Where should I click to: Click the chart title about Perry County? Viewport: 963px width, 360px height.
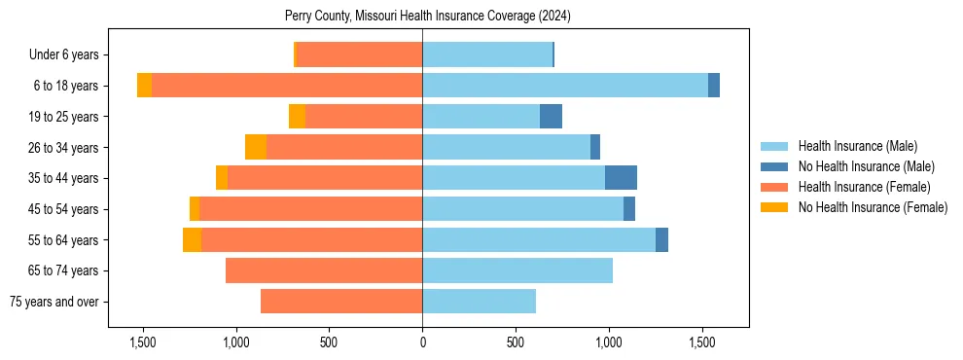(428, 17)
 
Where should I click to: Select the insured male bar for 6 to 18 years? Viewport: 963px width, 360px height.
(565, 86)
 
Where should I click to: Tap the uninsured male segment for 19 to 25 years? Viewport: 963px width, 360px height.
(552, 117)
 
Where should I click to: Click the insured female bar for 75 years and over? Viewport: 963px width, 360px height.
(341, 302)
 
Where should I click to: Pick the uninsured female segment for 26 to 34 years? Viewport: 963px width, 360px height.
(256, 147)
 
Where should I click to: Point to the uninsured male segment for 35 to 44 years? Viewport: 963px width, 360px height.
(621, 178)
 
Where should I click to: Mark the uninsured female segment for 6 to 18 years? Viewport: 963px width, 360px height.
(144, 86)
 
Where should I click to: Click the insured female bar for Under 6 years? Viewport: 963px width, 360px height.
(360, 54)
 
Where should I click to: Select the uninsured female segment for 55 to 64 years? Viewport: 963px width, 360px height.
(193, 239)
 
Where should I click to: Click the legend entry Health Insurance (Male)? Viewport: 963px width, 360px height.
(857, 146)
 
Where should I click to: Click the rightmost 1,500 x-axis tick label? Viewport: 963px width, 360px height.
(702, 342)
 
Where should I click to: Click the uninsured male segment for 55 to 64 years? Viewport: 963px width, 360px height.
(661, 239)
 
